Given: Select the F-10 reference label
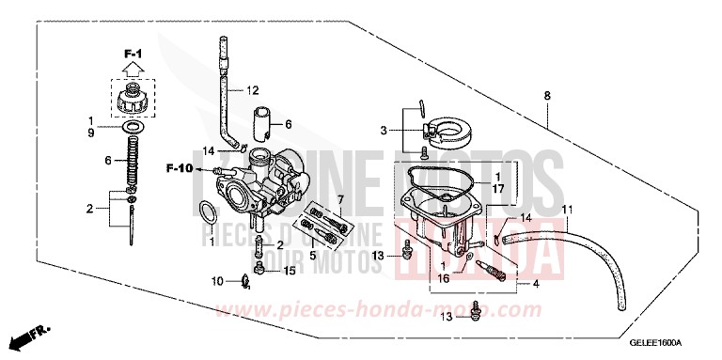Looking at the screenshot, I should tap(180, 169).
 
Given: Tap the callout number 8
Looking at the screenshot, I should tap(546, 96).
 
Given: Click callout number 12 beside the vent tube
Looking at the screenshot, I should tap(252, 92).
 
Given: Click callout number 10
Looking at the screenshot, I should tap(216, 281).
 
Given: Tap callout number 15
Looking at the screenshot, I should tap(290, 271).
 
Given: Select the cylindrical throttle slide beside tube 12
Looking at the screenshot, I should tap(262, 122).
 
